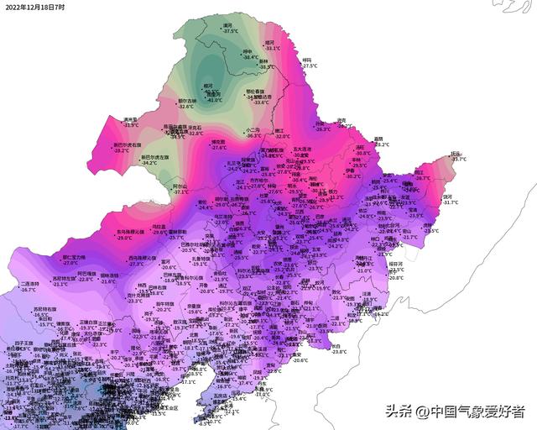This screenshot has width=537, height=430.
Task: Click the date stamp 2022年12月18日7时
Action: pyautogui.click(x=34, y=7)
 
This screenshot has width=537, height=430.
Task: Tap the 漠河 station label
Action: pyautogui.click(x=227, y=25)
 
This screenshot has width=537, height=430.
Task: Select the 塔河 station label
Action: pyautogui.click(x=269, y=42)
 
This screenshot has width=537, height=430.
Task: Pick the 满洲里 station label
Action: pyautogui.click(x=129, y=119)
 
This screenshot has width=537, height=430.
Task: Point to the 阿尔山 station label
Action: pyautogui.click(x=180, y=185)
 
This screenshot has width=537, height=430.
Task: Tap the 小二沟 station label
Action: pyautogui.click(x=253, y=129)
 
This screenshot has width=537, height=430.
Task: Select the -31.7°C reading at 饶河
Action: pyautogui.click(x=451, y=202)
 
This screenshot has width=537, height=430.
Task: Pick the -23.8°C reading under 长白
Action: pyautogui.click(x=339, y=352)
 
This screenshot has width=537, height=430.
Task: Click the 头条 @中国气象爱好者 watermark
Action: pyautogui.click(x=454, y=411)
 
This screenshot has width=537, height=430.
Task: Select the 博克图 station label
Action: pyautogui.click(x=218, y=142)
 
